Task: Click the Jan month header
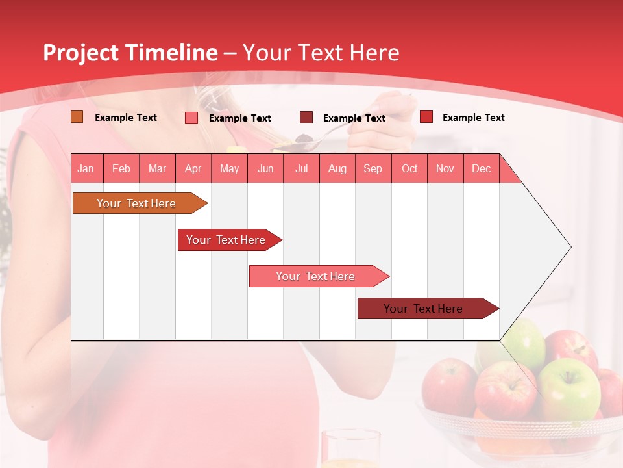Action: click(x=86, y=168)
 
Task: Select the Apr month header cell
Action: click(x=193, y=168)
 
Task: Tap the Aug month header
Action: click(x=337, y=168)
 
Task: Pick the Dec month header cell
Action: click(x=481, y=168)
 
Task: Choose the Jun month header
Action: click(x=265, y=168)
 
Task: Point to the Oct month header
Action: click(x=409, y=168)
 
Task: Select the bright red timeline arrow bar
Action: click(x=227, y=240)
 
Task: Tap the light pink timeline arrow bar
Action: click(x=317, y=276)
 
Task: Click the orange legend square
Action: click(x=77, y=117)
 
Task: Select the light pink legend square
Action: click(x=191, y=118)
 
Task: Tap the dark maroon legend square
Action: click(x=306, y=118)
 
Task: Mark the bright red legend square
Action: click(x=426, y=117)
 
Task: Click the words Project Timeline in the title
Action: click(x=130, y=53)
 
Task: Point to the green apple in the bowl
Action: click(x=569, y=389)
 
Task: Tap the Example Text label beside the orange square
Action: click(x=126, y=118)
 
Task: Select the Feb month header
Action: click(x=121, y=168)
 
